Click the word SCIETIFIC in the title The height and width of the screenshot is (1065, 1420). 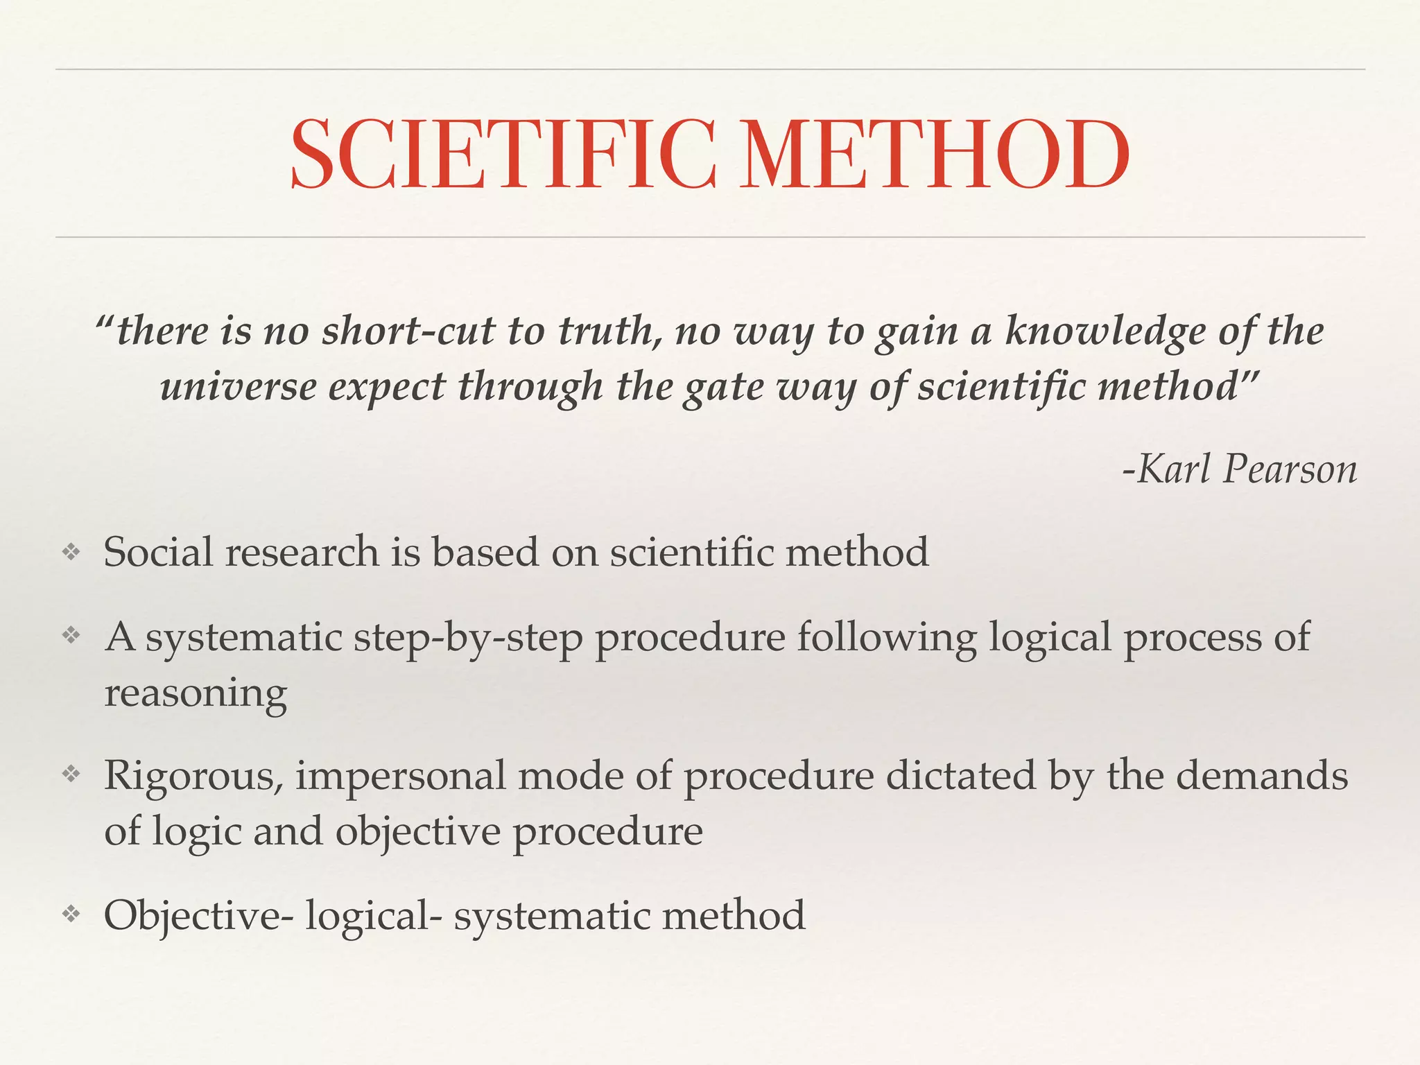(x=503, y=155)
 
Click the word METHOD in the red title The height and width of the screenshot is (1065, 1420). (x=934, y=155)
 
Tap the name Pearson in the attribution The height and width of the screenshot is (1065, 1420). (x=1289, y=469)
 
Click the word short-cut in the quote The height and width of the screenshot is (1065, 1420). (x=408, y=331)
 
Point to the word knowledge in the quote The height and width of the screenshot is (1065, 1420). (x=1105, y=331)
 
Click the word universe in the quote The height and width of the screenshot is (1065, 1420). (x=238, y=386)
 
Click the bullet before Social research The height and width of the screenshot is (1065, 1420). (x=71, y=552)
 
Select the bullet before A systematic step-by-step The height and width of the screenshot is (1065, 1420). (x=71, y=635)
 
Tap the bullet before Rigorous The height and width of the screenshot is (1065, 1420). (x=71, y=774)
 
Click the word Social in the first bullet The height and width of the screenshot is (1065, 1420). (x=158, y=552)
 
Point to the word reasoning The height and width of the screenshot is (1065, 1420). (x=196, y=693)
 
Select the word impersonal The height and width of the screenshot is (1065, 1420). (x=401, y=776)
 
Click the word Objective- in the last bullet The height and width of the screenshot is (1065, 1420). (x=198, y=915)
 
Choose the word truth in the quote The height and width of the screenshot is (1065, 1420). (x=608, y=331)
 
